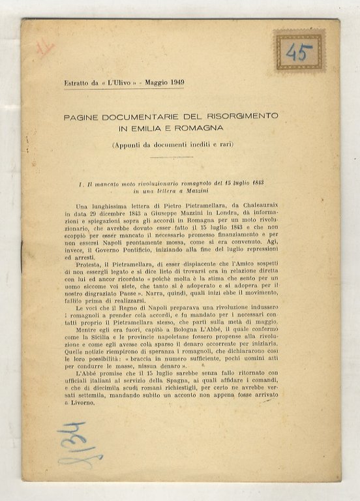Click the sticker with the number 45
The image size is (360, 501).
299,52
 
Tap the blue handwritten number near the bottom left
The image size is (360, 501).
78,444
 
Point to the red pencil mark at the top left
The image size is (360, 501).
45,48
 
